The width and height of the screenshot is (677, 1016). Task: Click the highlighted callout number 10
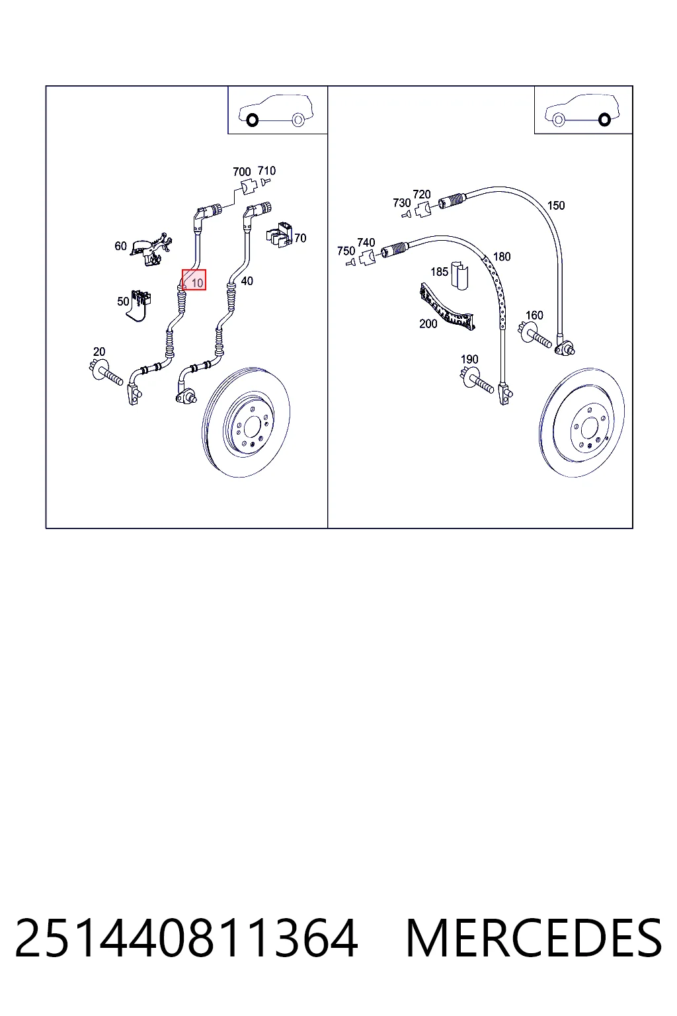(x=197, y=284)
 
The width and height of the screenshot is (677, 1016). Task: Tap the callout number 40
(x=247, y=281)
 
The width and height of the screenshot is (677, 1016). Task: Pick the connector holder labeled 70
(x=279, y=234)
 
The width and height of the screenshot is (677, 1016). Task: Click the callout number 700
(x=242, y=172)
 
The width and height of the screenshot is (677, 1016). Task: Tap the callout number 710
(x=266, y=171)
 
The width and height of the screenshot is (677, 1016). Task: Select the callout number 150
(x=556, y=206)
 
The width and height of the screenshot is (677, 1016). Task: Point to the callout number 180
(x=502, y=257)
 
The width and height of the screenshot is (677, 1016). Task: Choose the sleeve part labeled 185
(x=459, y=275)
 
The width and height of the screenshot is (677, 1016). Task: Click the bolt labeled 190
(x=477, y=380)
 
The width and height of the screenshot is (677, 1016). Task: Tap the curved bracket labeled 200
(x=447, y=307)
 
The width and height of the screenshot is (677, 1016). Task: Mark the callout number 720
(x=422, y=194)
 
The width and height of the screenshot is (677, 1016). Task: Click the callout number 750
(x=346, y=251)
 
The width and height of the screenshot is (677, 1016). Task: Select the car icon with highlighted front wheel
(x=276, y=110)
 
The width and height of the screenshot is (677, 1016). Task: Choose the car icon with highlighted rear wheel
(x=582, y=110)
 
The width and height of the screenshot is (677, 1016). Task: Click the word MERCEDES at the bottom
(x=534, y=938)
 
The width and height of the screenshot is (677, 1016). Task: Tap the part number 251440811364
(x=186, y=938)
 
